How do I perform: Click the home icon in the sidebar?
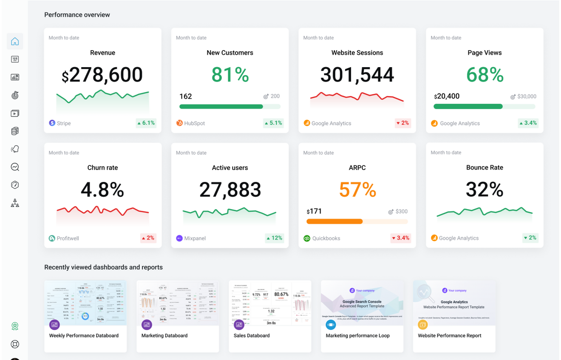[15, 41]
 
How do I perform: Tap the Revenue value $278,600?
[102, 75]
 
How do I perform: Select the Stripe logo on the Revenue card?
[52, 123]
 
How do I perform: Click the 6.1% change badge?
[146, 123]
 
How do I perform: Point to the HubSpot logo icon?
[179, 123]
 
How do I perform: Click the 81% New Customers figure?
[230, 75]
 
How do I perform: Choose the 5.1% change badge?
[273, 123]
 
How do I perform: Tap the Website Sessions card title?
[357, 53]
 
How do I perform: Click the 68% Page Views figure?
[484, 75]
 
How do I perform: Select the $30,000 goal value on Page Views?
[526, 96]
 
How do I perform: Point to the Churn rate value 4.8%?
[102, 190]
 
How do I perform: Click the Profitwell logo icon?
[52, 238]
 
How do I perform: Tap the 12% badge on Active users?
[274, 238]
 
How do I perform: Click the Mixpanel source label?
[195, 238]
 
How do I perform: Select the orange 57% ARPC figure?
[357, 190]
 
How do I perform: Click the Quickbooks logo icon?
[307, 238]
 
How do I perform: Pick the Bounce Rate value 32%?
[484, 190]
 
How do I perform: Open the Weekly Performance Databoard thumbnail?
[85, 303]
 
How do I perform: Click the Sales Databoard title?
[252, 336]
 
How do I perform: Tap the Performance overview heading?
[77, 15]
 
